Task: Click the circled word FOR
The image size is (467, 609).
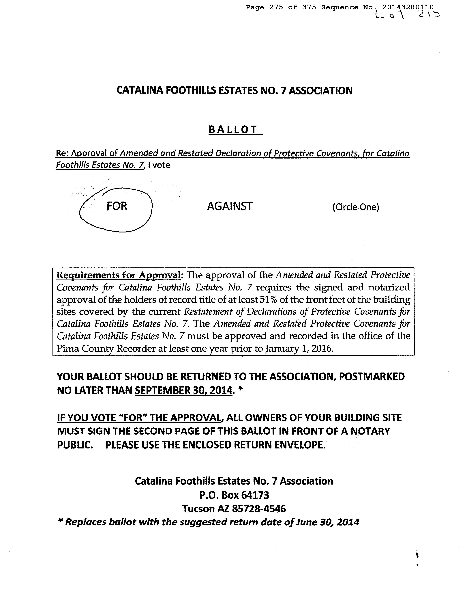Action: pos(117,206)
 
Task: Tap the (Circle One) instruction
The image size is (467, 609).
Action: pos(356,207)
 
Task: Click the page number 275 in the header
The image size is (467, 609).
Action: pos(276,7)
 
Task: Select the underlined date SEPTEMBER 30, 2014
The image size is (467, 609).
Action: pos(183,390)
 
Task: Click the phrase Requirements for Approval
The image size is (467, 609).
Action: pos(119,275)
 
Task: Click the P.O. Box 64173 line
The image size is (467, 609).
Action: pos(234,495)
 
